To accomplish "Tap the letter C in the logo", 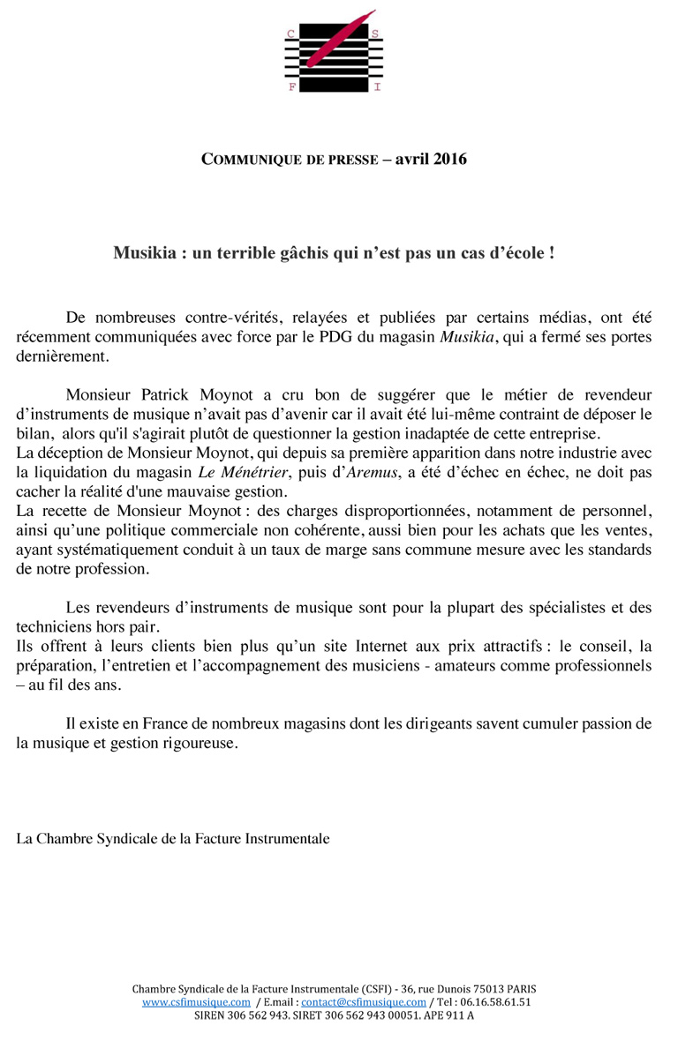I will (x=290, y=34).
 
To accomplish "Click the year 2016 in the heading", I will (x=445, y=160).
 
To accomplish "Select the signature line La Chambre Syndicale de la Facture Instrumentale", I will (x=173, y=838).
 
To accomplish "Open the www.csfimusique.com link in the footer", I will (x=196, y=1002).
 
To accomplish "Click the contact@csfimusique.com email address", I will (x=364, y=1002).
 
